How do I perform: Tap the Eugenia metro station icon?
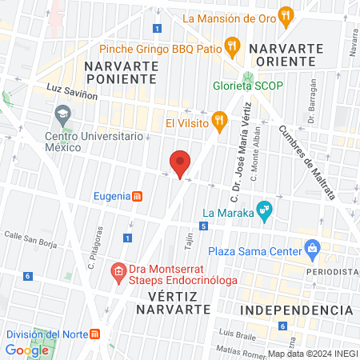137,196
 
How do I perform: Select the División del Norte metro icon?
94,334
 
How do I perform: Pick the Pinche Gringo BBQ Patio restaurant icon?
233,45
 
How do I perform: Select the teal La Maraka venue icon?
265,213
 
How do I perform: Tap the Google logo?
27,350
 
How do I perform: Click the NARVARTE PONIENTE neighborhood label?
119,71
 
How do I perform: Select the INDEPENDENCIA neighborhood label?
297,310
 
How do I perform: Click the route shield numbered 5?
204,227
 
